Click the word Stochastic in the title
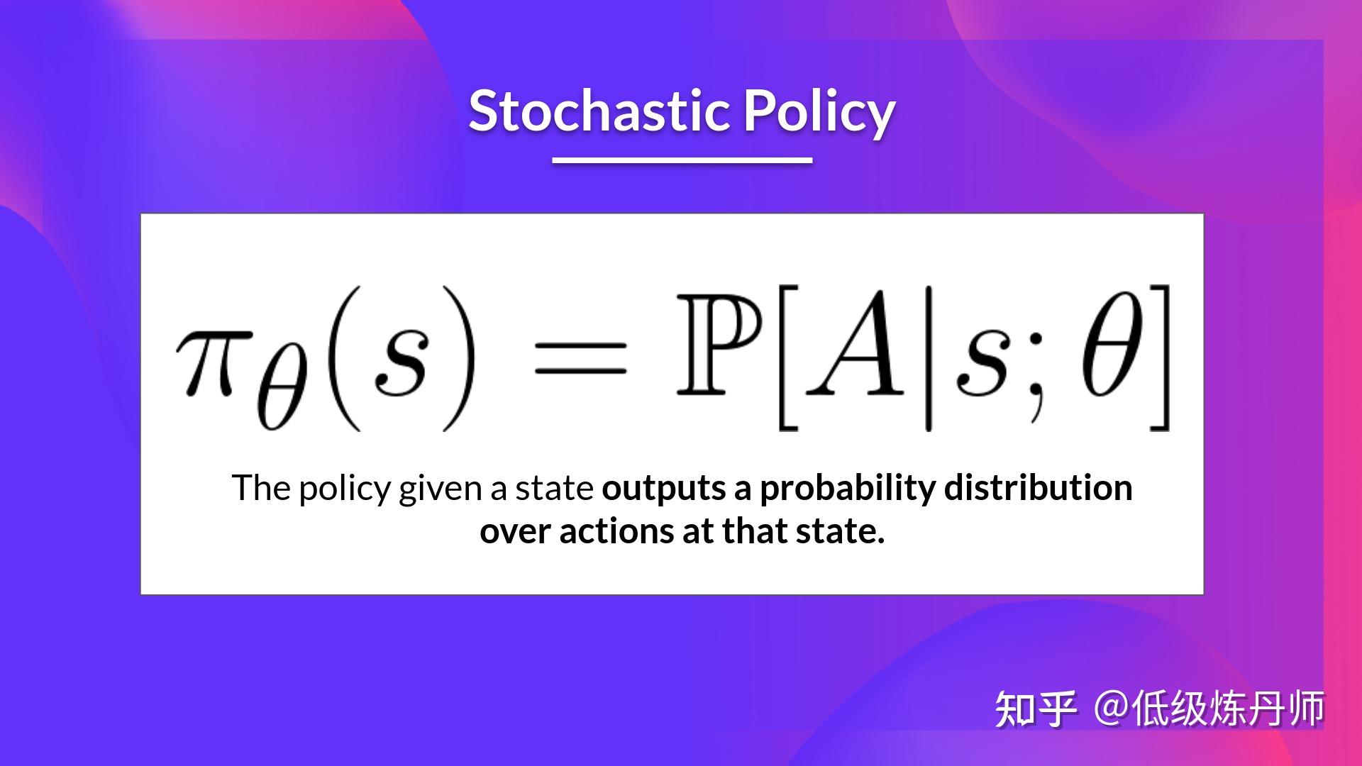click(599, 111)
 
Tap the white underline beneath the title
click(682, 160)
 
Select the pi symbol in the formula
click(206, 360)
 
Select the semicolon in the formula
click(1037, 383)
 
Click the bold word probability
click(848, 489)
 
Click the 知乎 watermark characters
click(1035, 709)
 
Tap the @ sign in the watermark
click(1112, 708)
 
